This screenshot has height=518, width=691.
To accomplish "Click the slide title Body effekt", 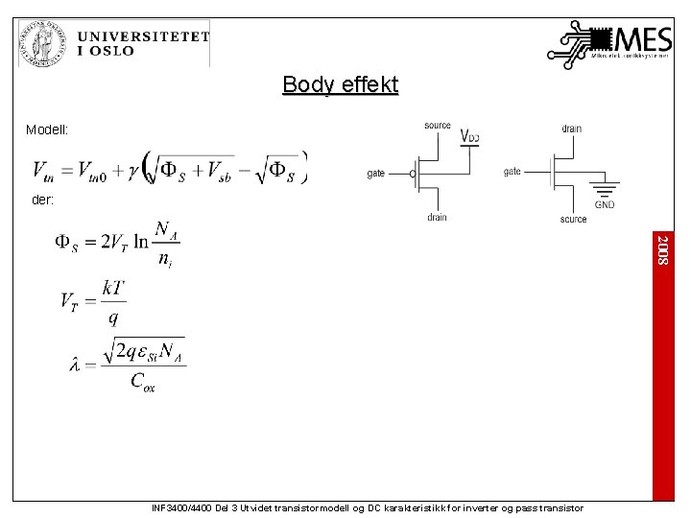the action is click(340, 85).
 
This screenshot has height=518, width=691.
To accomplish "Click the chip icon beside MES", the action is click(600, 39).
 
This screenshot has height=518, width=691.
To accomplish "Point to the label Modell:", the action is click(46, 129).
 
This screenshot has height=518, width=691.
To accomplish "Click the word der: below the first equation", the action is click(42, 200).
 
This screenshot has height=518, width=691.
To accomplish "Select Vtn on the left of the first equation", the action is click(43, 171).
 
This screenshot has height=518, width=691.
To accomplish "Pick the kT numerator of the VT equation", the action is click(113, 288).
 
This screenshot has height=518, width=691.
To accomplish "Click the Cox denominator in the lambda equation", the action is click(142, 382).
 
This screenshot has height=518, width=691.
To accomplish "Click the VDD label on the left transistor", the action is click(469, 136).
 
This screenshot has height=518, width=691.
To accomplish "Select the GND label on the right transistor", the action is click(605, 204).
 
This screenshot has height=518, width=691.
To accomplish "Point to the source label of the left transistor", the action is click(437, 126).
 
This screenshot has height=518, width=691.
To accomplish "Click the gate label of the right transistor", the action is click(512, 172).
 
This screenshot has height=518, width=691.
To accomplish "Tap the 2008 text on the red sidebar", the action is click(663, 248).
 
